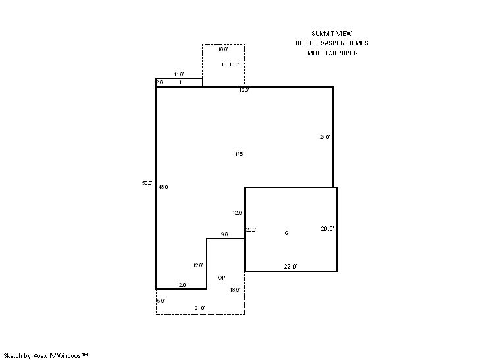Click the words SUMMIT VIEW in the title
332,33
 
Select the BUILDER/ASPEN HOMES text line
332,43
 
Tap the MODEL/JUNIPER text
332,53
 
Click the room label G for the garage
286,233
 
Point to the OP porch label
221,278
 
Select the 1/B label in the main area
239,154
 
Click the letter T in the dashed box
222,64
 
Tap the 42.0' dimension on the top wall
244,90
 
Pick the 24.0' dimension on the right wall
324,137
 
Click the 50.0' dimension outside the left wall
147,183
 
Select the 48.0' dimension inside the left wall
163,187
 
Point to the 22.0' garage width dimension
290,267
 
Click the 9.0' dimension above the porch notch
224,234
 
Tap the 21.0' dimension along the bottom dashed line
199,308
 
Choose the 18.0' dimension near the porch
235,290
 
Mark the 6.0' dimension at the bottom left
161,301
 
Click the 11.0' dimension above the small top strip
179,74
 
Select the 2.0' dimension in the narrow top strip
160,82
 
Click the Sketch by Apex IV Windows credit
45,356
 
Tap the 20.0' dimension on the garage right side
328,229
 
